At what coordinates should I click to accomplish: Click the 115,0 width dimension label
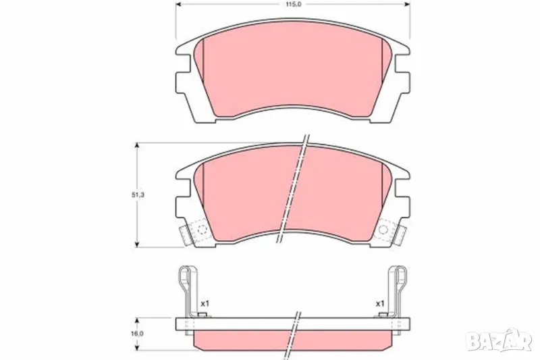click(293, 5)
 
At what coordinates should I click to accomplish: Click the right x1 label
click(380, 303)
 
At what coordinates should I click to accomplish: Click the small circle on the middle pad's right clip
click(384, 230)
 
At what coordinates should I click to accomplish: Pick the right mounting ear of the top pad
click(402, 81)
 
